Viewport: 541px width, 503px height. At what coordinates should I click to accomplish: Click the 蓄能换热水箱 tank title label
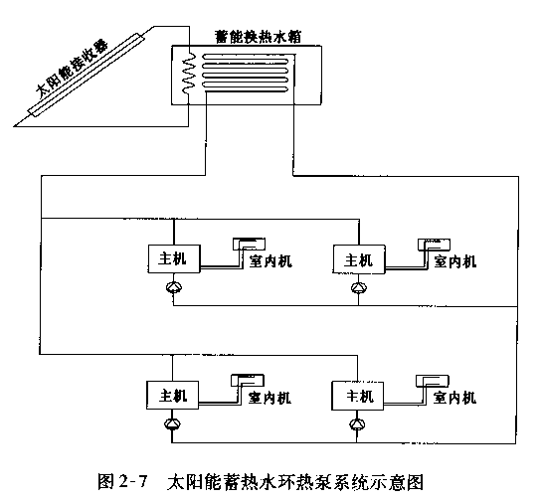point(259,37)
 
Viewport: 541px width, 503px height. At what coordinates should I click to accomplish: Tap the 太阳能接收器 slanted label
point(73,69)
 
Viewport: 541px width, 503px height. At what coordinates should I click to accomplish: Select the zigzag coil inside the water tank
point(189,74)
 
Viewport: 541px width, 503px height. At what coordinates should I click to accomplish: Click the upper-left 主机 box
point(174,259)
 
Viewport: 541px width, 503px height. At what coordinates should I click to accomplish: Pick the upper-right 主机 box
point(359,259)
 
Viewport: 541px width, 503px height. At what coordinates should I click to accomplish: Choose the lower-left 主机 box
point(172,395)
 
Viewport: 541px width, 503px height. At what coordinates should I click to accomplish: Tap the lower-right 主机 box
point(357,396)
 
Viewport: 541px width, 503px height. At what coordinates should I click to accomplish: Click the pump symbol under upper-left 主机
point(174,287)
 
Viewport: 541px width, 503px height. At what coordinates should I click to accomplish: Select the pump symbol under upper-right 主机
point(359,287)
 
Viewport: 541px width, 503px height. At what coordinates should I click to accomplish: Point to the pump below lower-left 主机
point(172,423)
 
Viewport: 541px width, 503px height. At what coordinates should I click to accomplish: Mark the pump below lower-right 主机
point(357,423)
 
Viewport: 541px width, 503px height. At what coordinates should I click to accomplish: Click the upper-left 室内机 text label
point(270,261)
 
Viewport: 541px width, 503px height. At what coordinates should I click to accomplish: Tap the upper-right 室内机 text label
point(455,261)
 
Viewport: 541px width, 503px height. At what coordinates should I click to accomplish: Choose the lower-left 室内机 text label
point(270,398)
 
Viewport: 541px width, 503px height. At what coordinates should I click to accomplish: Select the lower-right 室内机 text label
point(454,398)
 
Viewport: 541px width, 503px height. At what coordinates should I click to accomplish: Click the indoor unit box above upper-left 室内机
point(249,244)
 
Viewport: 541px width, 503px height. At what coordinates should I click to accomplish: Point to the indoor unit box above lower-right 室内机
point(433,381)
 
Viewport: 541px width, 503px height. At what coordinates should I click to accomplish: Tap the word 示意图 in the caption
point(402,482)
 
